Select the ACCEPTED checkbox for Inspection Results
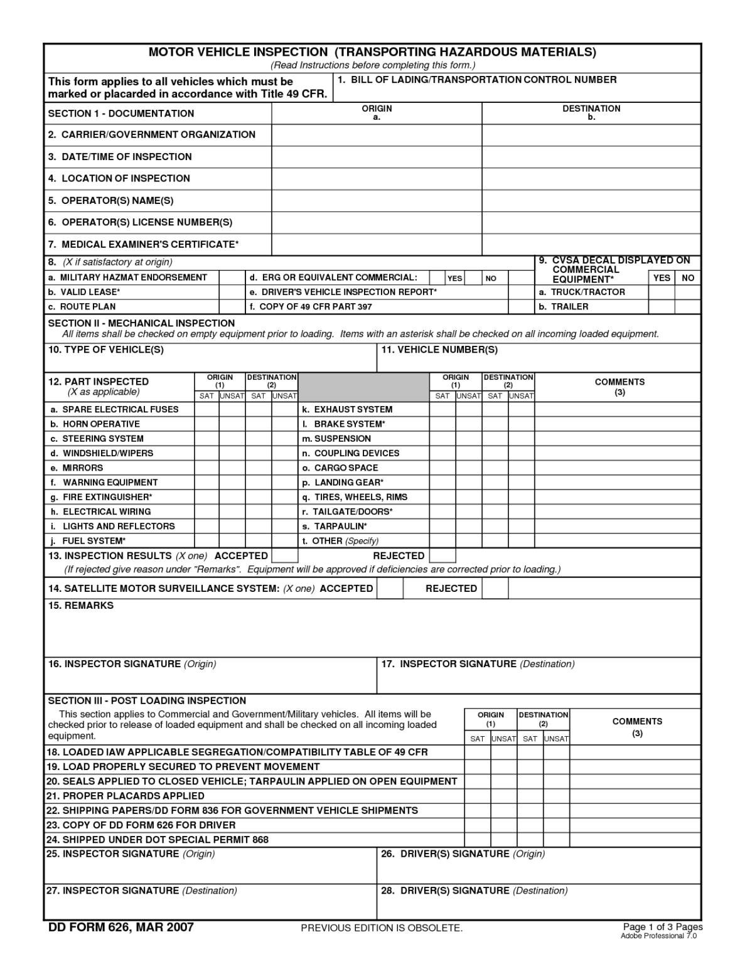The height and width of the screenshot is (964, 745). (285, 556)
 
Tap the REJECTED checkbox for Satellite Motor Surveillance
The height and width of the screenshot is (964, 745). (495, 589)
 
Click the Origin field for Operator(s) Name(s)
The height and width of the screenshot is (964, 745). (377, 201)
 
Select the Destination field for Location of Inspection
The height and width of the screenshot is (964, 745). (591, 179)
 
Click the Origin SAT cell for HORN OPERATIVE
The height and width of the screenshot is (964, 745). (206, 424)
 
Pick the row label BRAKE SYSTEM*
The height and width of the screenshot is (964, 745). (349, 424)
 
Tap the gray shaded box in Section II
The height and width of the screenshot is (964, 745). (363, 387)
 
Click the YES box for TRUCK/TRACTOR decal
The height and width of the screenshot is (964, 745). (661, 292)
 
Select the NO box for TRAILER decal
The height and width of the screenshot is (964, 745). (688, 307)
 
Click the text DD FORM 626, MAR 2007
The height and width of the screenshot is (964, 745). (121, 928)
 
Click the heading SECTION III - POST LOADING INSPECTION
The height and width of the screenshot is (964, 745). (147, 700)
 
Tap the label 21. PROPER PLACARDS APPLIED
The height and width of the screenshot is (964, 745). (125, 796)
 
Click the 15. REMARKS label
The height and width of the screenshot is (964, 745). (81, 606)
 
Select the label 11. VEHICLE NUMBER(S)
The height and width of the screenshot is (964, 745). (439, 350)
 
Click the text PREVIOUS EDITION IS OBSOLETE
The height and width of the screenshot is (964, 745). (382, 928)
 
